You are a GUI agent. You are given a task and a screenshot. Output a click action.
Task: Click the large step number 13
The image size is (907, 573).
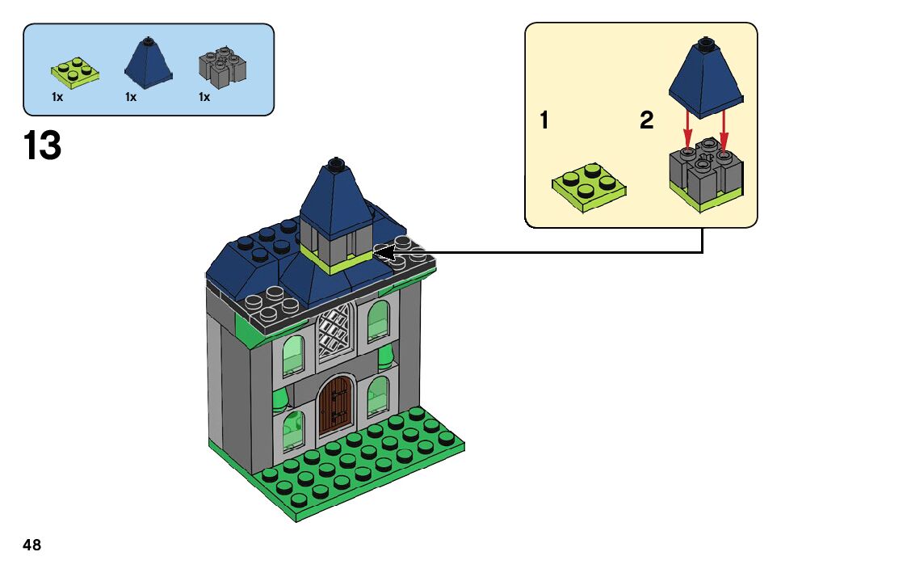tap(42, 147)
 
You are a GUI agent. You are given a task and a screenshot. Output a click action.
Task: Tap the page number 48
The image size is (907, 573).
tap(32, 545)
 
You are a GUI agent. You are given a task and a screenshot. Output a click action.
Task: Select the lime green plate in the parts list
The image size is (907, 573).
tap(74, 70)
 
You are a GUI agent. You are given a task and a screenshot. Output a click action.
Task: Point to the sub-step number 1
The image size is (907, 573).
tap(544, 121)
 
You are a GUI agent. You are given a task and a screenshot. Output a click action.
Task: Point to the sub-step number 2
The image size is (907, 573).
tap(646, 121)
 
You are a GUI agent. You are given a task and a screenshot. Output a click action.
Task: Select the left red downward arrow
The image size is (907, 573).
tap(687, 129)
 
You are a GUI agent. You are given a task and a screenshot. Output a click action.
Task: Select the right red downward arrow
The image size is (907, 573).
tap(724, 129)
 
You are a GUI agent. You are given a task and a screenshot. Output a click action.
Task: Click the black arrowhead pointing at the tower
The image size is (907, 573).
tap(385, 253)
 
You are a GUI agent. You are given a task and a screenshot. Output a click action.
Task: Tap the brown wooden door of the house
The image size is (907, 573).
tap(335, 406)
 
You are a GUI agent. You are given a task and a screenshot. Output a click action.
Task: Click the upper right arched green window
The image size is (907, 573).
tap(378, 320)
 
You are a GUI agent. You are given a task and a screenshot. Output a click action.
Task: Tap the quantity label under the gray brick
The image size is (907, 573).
tap(204, 97)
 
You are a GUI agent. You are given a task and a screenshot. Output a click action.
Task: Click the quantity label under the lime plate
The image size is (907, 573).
tap(57, 97)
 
